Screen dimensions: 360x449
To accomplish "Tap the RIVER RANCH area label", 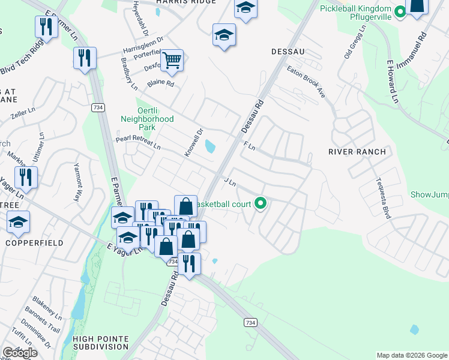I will pos(357,152).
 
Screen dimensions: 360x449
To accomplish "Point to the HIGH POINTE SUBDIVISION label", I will pos(100,343).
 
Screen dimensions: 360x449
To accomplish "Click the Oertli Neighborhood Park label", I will pos(147,119).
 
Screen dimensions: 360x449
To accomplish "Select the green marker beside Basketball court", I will pos(260,204).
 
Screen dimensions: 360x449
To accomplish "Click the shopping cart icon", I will pos(172,60).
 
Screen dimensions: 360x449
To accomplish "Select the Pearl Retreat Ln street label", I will pos(138,143).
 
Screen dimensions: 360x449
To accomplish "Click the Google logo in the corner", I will pos(20,353).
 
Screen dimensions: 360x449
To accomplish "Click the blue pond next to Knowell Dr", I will pos(209,146).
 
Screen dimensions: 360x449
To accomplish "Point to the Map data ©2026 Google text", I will pos(411,355).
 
